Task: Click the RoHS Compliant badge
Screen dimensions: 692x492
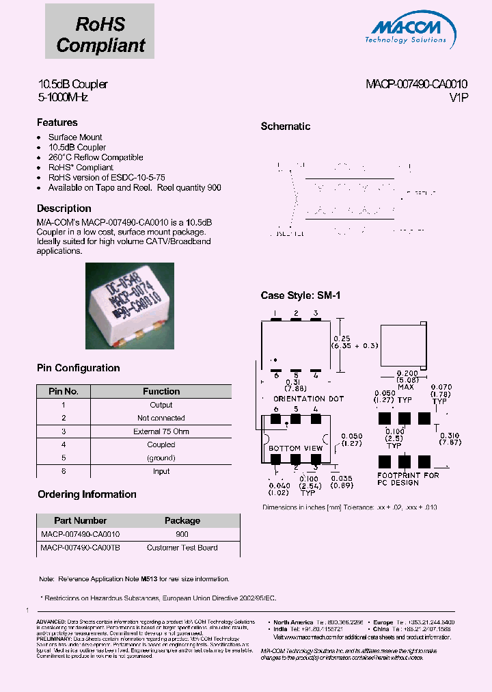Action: point(100,35)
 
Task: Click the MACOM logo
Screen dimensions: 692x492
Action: point(409,31)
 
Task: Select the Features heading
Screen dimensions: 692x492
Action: point(57,122)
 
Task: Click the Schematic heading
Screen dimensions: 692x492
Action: point(286,127)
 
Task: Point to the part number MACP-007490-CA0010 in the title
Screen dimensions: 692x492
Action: point(416,85)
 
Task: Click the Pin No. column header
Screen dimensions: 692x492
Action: point(64,392)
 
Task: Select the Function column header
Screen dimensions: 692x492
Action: point(161,392)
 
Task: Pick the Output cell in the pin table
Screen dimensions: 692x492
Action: point(161,405)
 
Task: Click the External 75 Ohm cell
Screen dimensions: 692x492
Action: point(161,431)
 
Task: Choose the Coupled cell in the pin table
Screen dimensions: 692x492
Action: point(161,444)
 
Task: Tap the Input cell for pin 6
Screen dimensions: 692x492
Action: point(161,471)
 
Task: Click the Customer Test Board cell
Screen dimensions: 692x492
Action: point(182,548)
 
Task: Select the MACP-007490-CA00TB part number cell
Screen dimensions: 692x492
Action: point(81,548)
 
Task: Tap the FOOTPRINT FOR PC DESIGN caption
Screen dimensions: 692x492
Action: point(408,479)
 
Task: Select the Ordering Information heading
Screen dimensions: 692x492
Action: point(87,494)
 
